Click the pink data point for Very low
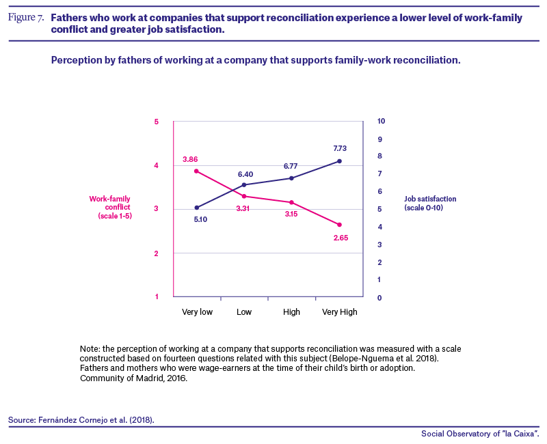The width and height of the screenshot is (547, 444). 196,171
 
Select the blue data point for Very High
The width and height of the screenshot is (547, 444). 339,161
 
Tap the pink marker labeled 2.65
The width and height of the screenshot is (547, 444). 339,225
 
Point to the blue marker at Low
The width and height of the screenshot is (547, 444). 244,185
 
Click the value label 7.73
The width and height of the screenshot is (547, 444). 340,148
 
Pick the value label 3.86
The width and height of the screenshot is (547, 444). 190,160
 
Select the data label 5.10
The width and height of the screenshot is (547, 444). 200,219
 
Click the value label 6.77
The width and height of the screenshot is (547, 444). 291,166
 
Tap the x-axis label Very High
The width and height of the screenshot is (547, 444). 339,312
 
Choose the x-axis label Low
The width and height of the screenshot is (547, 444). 244,312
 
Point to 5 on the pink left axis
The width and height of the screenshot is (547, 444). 157,122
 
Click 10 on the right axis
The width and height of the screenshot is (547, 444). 381,121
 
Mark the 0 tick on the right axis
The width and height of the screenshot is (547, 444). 379,298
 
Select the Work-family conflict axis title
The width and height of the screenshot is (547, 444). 110,208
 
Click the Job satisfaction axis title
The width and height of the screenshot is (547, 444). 430,203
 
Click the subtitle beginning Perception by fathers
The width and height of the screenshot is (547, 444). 256,60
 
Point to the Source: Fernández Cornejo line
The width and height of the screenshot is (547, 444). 81,420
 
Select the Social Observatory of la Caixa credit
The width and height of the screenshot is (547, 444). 480,434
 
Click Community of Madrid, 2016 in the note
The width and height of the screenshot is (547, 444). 133,378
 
